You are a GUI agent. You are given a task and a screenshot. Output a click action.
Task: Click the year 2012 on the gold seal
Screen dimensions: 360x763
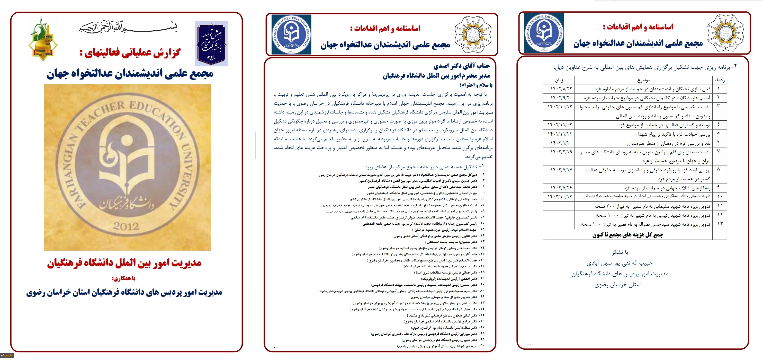click(126, 226)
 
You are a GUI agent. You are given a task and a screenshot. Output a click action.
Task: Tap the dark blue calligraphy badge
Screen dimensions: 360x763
click(211, 44)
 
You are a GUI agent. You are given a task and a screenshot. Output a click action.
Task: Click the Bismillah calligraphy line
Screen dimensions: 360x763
click(128, 28)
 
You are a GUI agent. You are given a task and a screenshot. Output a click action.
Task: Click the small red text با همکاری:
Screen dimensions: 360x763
click(123, 278)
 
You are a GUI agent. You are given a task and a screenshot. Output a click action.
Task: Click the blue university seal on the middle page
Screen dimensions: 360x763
click(291, 35)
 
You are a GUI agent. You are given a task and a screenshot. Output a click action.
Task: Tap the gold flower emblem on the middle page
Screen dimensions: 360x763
click(473, 35)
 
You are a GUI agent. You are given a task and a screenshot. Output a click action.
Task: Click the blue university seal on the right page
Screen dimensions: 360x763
click(544, 33)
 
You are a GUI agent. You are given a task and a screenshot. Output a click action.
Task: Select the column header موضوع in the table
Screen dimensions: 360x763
click(643, 80)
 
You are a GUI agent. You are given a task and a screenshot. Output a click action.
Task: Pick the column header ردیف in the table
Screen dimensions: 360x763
click(720, 80)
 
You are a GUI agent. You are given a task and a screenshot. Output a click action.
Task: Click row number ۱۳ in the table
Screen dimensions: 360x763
click(720, 224)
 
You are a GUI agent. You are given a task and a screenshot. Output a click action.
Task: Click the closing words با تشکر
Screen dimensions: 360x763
click(620, 252)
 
